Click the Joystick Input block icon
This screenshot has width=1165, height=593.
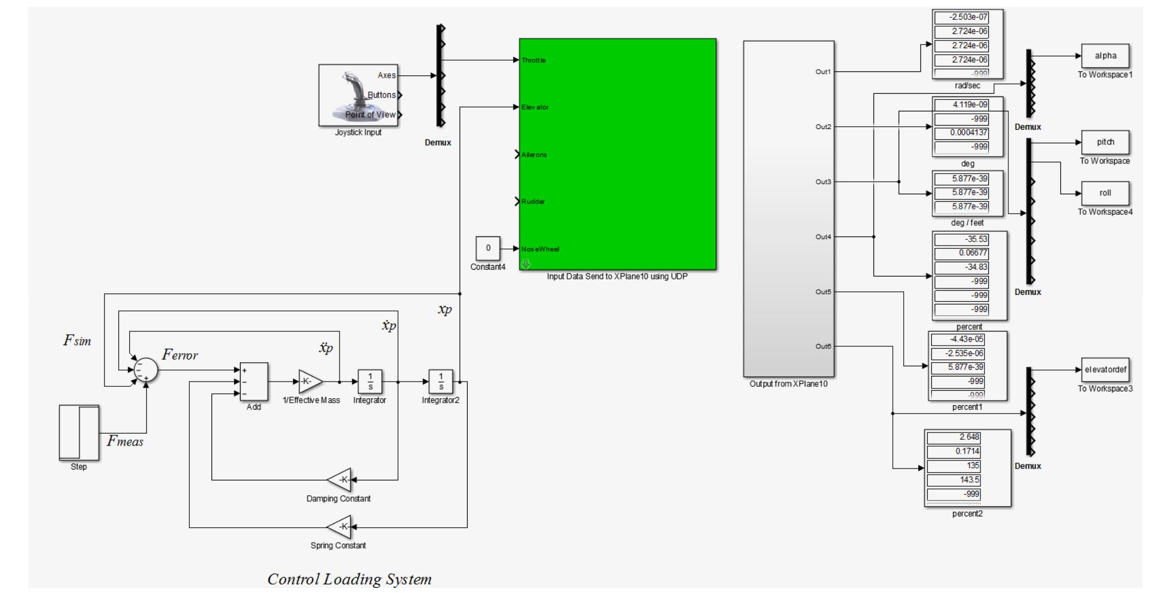coord(358,95)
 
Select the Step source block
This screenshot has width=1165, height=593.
coord(79,432)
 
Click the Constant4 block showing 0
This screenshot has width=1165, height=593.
coord(488,249)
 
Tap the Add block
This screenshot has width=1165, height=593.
coord(254,382)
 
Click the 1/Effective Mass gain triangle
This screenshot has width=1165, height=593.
coord(309,382)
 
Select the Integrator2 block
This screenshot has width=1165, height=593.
coord(441,382)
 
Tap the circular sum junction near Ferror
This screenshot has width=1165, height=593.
coord(146,370)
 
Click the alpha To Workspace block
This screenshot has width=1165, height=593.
coord(1105,56)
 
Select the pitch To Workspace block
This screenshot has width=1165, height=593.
coord(1105,142)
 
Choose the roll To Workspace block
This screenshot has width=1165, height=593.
coord(1105,193)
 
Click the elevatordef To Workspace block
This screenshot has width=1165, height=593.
coord(1105,370)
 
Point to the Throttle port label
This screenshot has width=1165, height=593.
coord(534,60)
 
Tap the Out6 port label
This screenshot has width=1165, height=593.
coord(823,346)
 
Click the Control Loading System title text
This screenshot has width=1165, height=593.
coord(349,579)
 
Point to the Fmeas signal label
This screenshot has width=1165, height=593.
coord(125,442)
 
